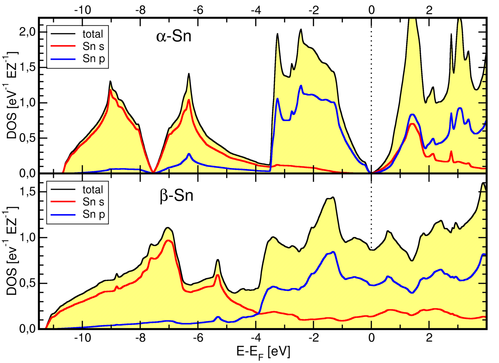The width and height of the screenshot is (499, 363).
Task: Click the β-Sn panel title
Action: [176, 196]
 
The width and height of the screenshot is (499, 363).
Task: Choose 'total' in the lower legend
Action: [93, 190]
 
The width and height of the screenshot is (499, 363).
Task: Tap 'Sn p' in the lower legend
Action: [94, 214]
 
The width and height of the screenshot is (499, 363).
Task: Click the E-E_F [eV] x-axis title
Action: [263, 353]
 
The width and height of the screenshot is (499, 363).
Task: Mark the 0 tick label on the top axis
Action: [371, 10]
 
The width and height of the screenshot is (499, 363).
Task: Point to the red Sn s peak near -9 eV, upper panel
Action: [110, 89]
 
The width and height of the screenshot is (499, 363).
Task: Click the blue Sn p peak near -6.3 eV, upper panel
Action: [189, 154]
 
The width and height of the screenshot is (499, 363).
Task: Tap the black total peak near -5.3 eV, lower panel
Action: [218, 260]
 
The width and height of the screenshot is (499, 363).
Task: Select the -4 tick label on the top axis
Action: [256, 10]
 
